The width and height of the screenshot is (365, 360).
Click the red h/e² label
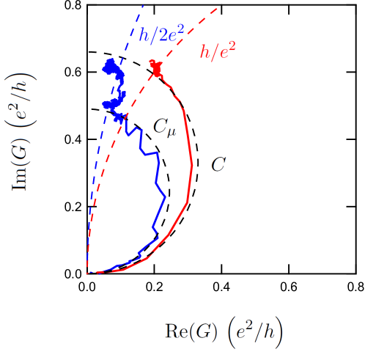tap(218, 53)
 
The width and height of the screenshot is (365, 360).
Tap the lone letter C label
tap(218, 164)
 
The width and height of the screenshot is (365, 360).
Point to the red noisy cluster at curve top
tap(155, 68)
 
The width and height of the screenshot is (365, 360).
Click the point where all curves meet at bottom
tap(87, 273)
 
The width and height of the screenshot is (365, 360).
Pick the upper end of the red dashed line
tap(218, 8)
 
